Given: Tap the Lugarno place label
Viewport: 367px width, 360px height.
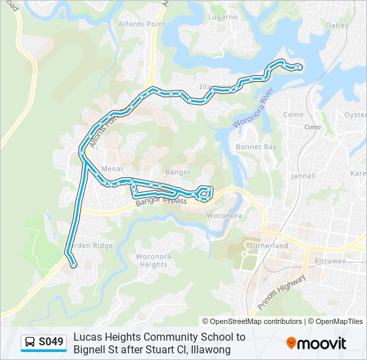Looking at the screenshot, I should tap(222, 17).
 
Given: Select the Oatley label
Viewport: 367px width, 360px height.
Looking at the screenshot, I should tap(337, 25).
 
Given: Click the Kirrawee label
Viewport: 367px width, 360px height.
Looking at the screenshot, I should tap(330, 261).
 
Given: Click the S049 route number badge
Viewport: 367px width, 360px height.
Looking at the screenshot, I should tap(51, 343).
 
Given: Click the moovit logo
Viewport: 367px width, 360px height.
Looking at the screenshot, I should tap(316, 343).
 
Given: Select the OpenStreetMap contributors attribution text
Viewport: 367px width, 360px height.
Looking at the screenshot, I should tap(252, 321).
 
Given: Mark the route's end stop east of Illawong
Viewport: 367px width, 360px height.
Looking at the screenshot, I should tap(298, 67).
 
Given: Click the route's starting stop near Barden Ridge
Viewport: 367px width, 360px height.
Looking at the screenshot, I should tap(73, 265).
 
